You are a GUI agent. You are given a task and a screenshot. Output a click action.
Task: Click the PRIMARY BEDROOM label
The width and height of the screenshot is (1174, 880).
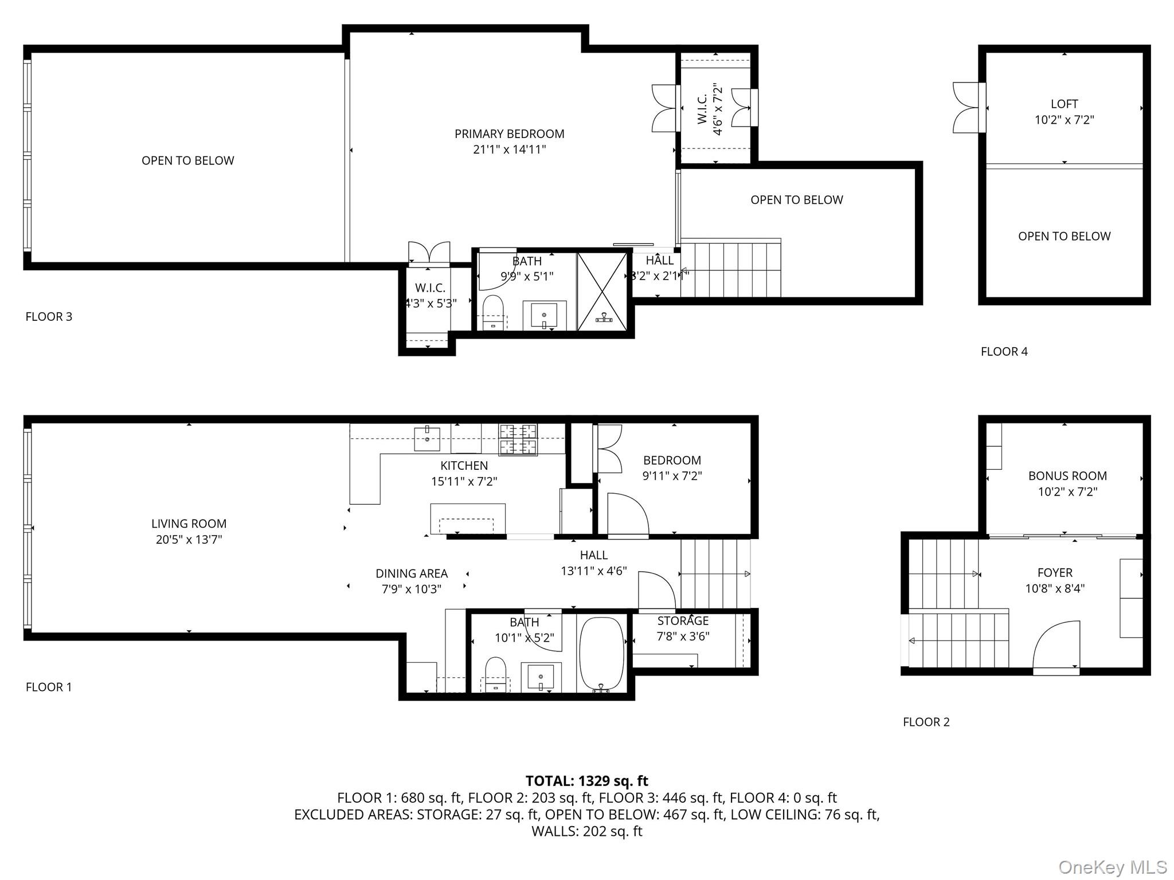[509, 134]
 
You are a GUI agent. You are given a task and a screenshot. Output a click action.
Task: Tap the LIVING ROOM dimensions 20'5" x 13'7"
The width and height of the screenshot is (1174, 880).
[189, 539]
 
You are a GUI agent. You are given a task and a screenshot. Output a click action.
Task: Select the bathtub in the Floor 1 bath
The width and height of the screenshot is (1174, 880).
[601, 653]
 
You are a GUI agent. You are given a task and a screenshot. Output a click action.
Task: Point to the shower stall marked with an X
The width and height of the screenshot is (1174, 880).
[602, 292]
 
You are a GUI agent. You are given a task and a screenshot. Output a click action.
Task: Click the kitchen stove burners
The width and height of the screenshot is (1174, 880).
[518, 439]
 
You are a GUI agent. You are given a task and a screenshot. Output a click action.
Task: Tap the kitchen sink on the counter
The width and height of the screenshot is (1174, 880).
[427, 439]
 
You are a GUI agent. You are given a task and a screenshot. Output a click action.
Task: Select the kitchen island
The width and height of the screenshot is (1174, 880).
[468, 518]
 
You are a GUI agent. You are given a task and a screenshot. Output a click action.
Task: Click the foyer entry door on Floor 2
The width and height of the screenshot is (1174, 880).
[1056, 646]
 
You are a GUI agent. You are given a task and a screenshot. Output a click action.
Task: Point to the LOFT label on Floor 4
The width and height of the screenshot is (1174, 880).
[1064, 104]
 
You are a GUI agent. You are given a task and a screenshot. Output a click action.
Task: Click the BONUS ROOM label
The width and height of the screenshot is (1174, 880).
[1067, 476]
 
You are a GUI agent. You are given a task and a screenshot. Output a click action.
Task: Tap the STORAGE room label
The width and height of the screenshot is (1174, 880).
[683, 621]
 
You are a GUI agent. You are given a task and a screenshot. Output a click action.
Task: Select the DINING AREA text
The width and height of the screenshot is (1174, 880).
[411, 573]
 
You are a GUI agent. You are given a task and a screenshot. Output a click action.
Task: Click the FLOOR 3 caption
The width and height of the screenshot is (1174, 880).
[49, 317]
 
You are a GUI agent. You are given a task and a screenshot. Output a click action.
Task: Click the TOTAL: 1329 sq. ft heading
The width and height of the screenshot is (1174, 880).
[586, 781]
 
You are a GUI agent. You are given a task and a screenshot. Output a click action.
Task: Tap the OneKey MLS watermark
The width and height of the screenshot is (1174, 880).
[1112, 867]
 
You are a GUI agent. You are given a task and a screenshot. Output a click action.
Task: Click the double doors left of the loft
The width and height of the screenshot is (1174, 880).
[968, 108]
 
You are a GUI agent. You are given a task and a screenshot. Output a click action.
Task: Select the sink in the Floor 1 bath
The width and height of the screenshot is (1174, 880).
[540, 678]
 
